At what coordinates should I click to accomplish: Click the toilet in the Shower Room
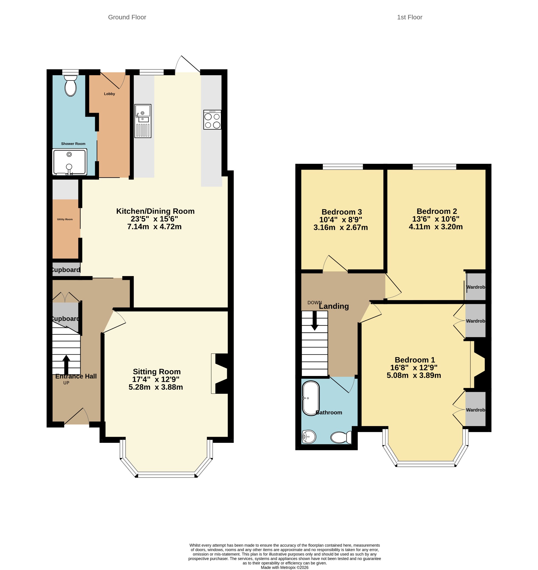click(x=71, y=85)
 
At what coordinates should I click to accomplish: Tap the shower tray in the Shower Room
click(x=70, y=162)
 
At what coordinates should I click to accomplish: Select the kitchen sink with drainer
click(x=143, y=121)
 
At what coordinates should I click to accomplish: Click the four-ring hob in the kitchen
click(x=212, y=120)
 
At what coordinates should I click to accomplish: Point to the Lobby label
click(x=109, y=94)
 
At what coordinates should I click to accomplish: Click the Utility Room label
click(x=65, y=219)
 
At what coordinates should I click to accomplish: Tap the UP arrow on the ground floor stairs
click(x=66, y=364)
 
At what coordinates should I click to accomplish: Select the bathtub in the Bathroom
click(x=311, y=398)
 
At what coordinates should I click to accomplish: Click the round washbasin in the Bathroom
click(x=309, y=437)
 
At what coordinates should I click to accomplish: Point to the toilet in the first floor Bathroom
click(x=341, y=438)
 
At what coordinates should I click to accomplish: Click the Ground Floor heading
click(x=127, y=17)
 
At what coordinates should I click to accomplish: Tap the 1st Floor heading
click(x=410, y=17)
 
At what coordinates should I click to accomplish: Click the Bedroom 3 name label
click(x=341, y=212)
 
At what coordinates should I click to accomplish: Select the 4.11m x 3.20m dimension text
click(x=436, y=227)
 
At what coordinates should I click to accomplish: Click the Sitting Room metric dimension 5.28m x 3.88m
click(x=156, y=387)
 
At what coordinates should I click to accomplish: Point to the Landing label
click(x=334, y=306)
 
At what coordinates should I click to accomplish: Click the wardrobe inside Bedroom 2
click(x=475, y=287)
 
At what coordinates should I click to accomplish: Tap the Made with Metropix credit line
click(x=284, y=567)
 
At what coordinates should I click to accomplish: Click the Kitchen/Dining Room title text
click(x=155, y=211)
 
